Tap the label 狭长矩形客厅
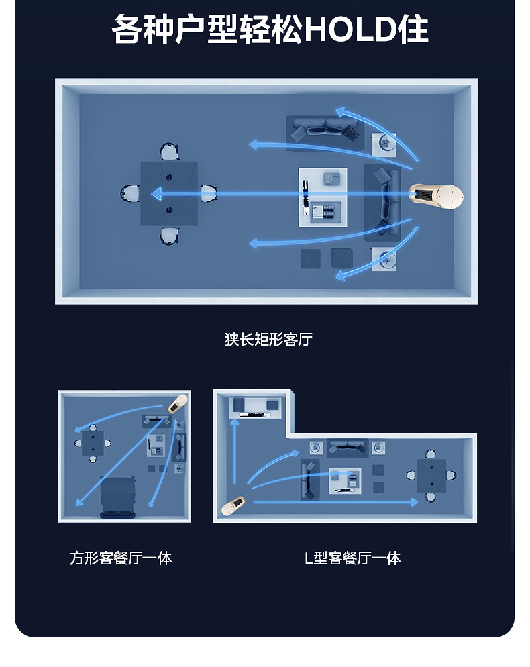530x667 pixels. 268,340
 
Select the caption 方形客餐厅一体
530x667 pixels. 121,558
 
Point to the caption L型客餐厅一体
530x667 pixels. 352,558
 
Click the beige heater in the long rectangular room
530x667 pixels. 437,196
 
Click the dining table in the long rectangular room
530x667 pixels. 169,194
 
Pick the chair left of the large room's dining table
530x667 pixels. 129,194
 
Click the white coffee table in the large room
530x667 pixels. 323,197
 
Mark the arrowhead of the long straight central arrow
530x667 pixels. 156,195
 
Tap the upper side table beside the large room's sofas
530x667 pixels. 384,143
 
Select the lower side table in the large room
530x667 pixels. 384,259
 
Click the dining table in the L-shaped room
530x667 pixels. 431,475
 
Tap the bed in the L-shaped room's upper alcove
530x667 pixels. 254,407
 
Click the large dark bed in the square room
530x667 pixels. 118,497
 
